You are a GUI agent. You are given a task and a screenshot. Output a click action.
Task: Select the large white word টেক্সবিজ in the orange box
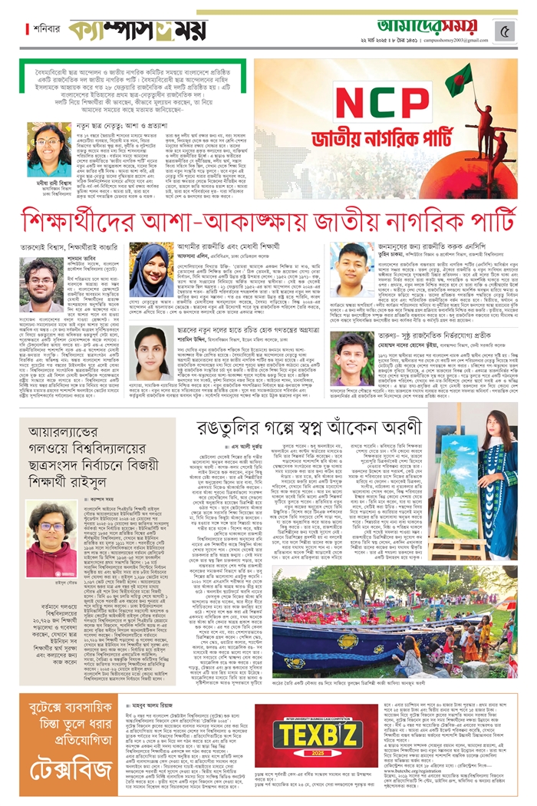[x=68, y=749]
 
